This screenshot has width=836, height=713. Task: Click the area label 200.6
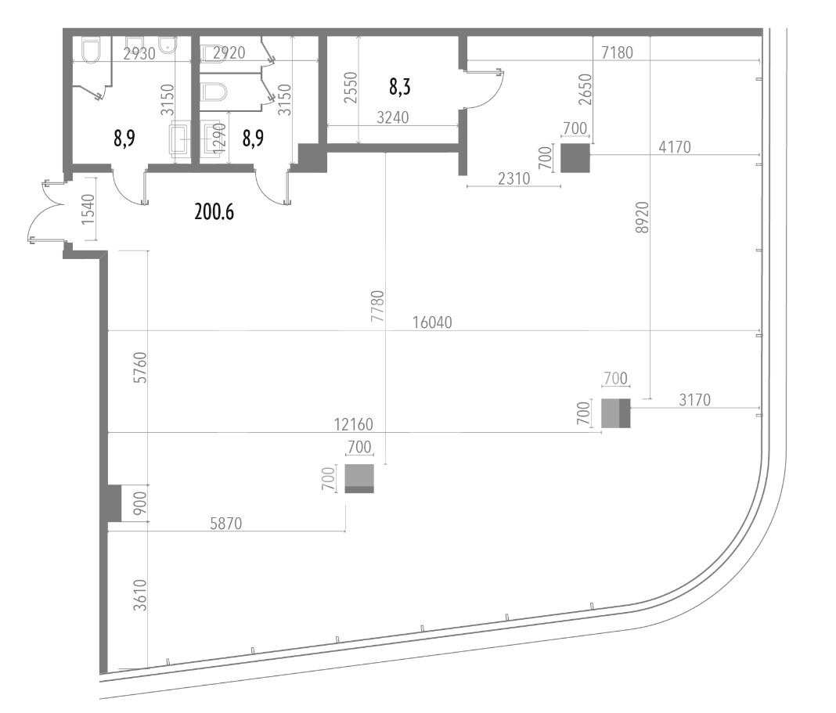[214, 212]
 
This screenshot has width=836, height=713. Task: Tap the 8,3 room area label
[399, 86]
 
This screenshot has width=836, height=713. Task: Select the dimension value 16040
[432, 322]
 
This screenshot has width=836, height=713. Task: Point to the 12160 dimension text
[354, 424]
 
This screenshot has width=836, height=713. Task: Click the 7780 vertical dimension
[377, 305]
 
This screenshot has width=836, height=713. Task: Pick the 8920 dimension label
[643, 217]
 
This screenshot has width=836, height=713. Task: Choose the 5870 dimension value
[226, 524]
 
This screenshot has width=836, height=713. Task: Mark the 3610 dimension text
[139, 595]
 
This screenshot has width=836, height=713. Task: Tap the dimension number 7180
[617, 52]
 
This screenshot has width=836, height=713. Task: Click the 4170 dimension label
[675, 146]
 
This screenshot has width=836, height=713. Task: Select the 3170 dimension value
[695, 399]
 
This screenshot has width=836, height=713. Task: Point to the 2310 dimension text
[514, 178]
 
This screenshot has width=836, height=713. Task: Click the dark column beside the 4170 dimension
[575, 158]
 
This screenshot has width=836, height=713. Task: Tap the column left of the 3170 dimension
[616, 413]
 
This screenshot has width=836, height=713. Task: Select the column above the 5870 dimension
[359, 478]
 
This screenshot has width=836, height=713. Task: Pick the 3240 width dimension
[392, 117]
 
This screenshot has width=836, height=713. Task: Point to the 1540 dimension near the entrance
[88, 208]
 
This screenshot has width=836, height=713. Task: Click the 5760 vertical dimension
[139, 367]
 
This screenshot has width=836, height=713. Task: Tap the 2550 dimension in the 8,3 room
[350, 88]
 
